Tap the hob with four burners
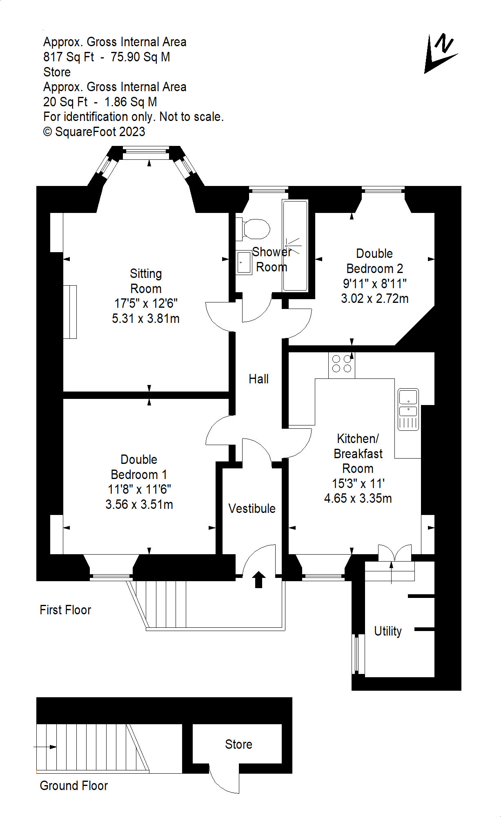tap(342, 365)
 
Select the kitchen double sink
tap(408, 409)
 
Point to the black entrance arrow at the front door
tap(258, 580)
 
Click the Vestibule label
tap(252, 508)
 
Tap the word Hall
tap(258, 379)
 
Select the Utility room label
tap(388, 631)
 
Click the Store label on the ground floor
tap(238, 744)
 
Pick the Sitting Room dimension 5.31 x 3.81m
tap(146, 318)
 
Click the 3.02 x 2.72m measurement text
tap(375, 298)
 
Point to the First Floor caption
tap(65, 610)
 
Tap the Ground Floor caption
tap(74, 786)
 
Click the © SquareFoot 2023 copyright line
tap(94, 132)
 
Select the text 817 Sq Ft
tap(69, 57)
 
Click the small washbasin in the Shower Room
tap(244, 262)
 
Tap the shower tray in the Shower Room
tap(295, 245)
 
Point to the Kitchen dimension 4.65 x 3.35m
tap(358, 498)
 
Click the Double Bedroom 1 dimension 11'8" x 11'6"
tap(139, 489)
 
